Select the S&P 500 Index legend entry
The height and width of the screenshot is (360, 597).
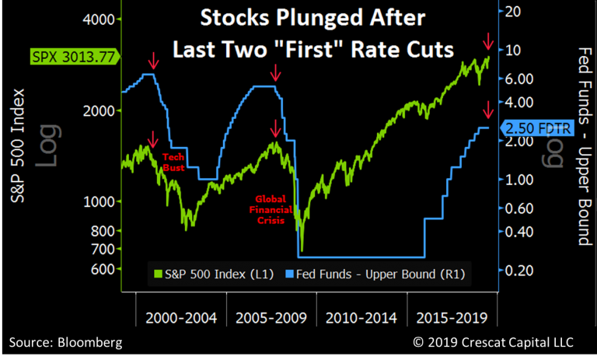(210, 273)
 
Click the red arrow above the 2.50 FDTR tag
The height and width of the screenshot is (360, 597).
(488, 110)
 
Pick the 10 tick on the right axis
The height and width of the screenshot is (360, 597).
(517, 50)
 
